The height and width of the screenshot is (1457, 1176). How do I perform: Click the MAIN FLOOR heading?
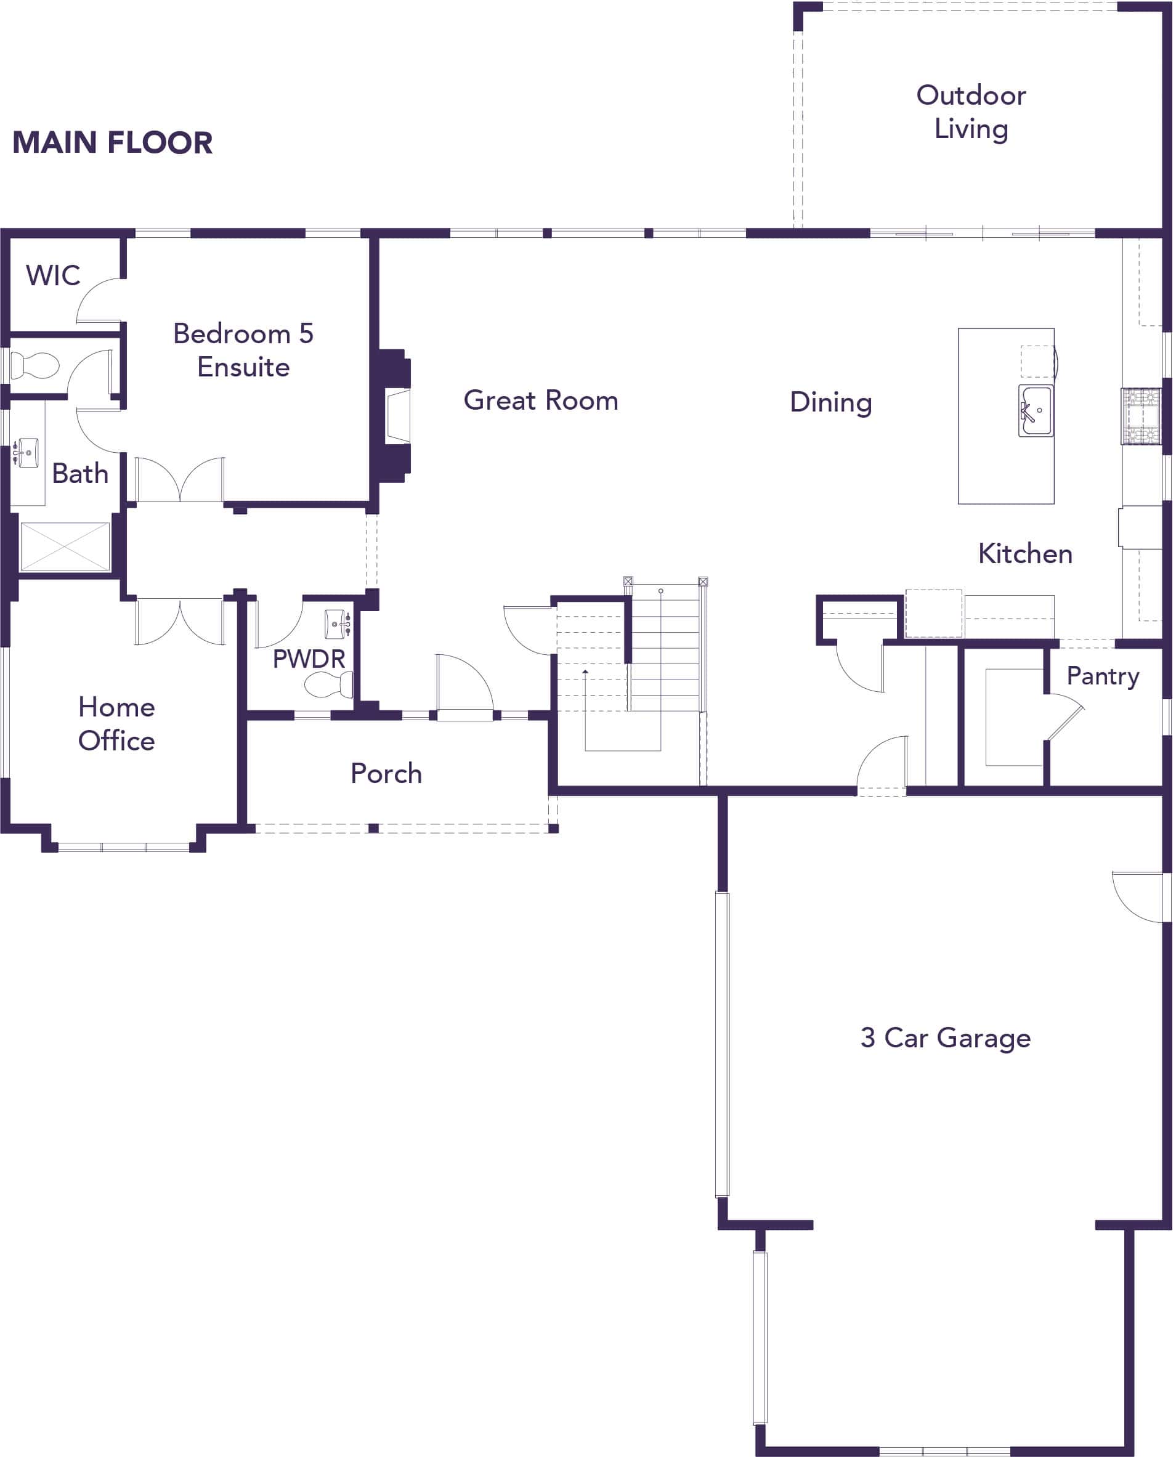pos(113,143)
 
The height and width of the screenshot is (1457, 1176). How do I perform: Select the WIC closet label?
pos(53,275)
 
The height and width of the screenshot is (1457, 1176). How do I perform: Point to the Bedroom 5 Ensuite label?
pos(243,350)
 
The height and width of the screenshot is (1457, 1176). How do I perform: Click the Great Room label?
pos(541,400)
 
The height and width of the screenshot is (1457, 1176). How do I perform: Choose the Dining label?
pos(830,402)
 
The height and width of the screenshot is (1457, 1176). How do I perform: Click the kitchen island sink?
pos(1036,410)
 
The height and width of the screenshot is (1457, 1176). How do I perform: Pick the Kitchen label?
pos(1025,554)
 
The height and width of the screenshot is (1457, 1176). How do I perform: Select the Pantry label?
pos(1102,676)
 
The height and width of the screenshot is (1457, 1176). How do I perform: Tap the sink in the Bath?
pos(27,452)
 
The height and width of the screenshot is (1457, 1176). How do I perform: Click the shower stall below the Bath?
pos(65,546)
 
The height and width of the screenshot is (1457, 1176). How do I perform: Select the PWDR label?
pos(309,659)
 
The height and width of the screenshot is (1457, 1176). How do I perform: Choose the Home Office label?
pos(116,724)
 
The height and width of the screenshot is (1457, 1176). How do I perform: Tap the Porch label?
pos(386,774)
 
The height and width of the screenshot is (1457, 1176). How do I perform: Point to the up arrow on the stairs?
pos(585,672)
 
